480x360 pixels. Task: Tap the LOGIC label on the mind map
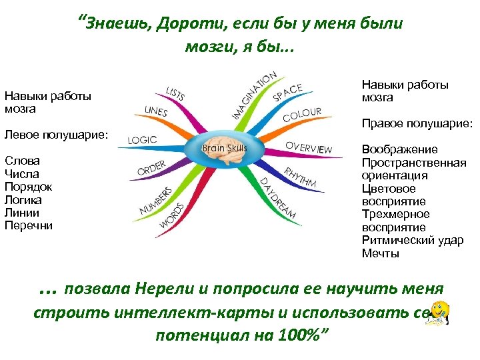[x=142, y=140]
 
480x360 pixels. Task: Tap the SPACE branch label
[x=287, y=93]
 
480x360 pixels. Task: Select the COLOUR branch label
[x=302, y=115]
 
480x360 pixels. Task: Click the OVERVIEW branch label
[x=309, y=147]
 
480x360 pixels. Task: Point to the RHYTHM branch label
[x=300, y=175]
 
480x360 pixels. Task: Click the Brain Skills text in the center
[x=224, y=148]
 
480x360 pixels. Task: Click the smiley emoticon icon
[x=439, y=313]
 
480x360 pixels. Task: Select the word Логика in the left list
[x=23, y=199]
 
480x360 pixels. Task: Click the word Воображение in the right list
[x=399, y=149]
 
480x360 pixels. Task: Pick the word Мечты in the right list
[x=381, y=253]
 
